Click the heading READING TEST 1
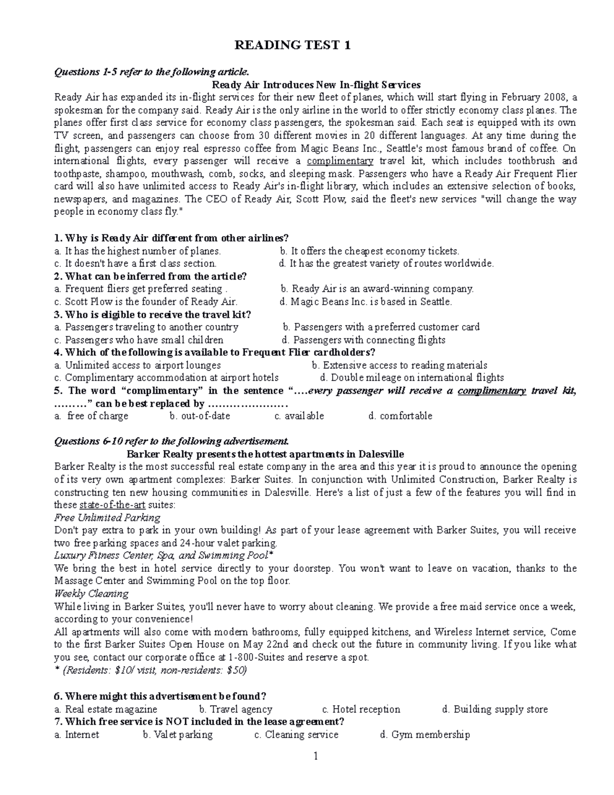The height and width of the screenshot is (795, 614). (292, 46)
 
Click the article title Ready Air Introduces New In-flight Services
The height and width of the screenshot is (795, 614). (316, 84)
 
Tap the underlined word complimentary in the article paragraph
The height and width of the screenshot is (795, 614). (340, 161)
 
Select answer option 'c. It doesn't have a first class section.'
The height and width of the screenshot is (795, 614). (136, 264)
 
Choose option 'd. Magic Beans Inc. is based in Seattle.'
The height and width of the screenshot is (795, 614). (366, 302)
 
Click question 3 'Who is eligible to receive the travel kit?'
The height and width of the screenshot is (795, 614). (152, 314)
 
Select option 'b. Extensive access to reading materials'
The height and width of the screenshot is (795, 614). (399, 366)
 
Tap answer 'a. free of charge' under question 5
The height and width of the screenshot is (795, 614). (92, 416)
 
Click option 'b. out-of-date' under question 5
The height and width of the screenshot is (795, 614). (200, 416)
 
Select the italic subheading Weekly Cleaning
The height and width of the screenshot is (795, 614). (91, 594)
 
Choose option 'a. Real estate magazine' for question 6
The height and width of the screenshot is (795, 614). (106, 710)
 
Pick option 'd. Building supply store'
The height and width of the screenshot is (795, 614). (494, 710)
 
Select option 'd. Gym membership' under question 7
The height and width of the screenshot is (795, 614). (425, 735)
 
